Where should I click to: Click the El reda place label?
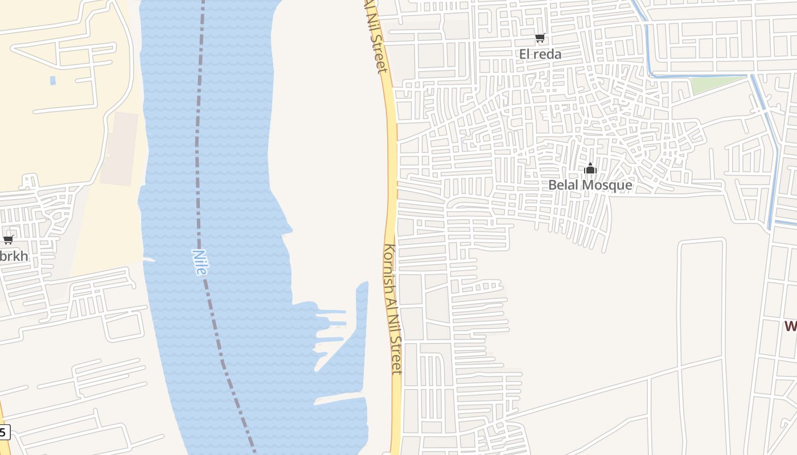click(x=540, y=54)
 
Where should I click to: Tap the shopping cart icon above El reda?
click(x=540, y=38)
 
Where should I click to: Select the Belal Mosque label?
click(x=590, y=185)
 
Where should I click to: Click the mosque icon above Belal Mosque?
click(x=590, y=168)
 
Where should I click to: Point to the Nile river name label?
click(x=199, y=262)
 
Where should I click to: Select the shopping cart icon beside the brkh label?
click(x=8, y=239)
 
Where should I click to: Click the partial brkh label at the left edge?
click(x=14, y=257)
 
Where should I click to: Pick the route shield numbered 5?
click(x=3, y=432)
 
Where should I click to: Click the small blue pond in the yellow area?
click(x=53, y=80)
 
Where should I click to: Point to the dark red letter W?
click(x=790, y=326)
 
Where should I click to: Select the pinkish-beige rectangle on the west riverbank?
click(x=120, y=148)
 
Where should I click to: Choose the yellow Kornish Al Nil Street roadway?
click(x=392, y=171)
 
